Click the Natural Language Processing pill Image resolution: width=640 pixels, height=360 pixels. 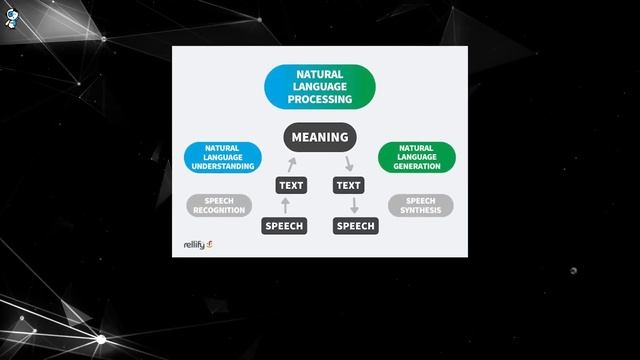(320, 87)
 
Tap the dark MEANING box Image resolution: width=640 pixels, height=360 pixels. (320, 137)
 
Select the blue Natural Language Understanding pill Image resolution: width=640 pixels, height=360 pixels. (222, 157)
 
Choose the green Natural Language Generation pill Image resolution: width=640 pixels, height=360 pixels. (417, 157)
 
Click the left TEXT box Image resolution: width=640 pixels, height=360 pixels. (291, 185)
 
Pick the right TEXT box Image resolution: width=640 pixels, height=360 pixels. (349, 185)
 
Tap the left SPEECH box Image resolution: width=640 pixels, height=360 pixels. (283, 226)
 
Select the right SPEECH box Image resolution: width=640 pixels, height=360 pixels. (355, 226)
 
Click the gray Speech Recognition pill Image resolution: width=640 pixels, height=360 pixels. (219, 206)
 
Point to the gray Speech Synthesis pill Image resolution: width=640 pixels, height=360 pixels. (420, 206)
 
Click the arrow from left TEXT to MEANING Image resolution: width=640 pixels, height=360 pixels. (292, 163)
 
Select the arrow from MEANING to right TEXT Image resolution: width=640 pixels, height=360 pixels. (348, 163)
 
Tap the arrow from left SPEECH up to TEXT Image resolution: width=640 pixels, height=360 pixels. (285, 205)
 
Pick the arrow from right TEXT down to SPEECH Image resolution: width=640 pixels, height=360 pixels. (353, 205)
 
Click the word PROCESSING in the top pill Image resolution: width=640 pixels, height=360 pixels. (320, 100)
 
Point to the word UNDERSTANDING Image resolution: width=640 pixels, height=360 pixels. (222, 166)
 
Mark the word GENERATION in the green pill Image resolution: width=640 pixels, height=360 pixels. (417, 166)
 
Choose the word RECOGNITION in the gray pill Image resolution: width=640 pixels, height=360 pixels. (219, 211)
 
